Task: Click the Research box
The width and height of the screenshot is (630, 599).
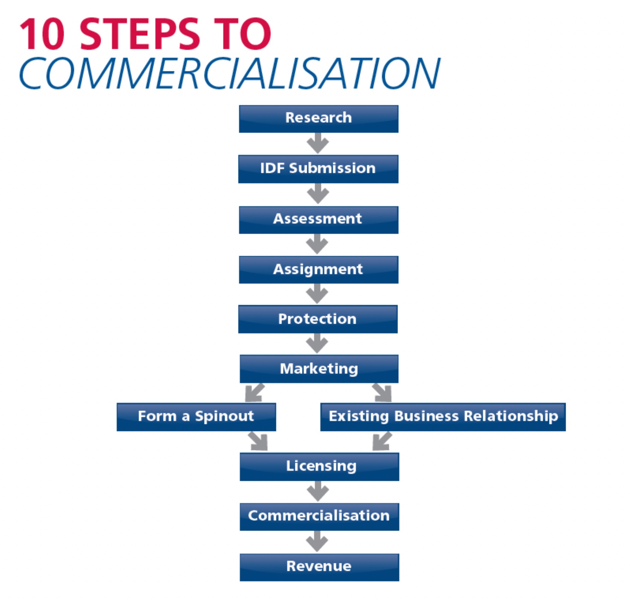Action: click(x=318, y=119)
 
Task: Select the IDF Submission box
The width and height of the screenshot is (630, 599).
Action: click(x=318, y=169)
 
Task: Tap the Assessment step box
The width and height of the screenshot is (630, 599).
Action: click(x=318, y=220)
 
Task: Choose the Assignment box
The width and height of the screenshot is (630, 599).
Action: click(x=318, y=270)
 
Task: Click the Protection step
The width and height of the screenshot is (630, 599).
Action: click(x=318, y=319)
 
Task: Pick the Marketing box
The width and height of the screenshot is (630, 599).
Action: click(x=319, y=369)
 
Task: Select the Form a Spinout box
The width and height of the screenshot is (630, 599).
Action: click(x=196, y=417)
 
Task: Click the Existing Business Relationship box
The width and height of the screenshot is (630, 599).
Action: click(x=443, y=417)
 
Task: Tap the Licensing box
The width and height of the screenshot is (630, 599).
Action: click(x=319, y=467)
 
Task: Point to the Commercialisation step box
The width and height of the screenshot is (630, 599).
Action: click(x=319, y=517)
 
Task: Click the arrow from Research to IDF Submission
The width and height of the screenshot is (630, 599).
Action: click(x=318, y=143)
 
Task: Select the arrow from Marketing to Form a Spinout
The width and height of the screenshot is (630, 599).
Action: click(x=255, y=393)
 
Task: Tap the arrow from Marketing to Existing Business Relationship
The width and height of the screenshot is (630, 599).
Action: click(x=382, y=393)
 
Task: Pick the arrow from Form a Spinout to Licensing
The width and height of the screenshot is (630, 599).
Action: click(x=258, y=441)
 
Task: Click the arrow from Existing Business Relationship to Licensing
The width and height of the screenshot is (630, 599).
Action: click(x=382, y=441)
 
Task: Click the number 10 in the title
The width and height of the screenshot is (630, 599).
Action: click(x=42, y=34)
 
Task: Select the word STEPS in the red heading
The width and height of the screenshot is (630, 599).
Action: click(x=140, y=34)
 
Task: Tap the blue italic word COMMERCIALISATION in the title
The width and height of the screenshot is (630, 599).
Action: click(x=229, y=73)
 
